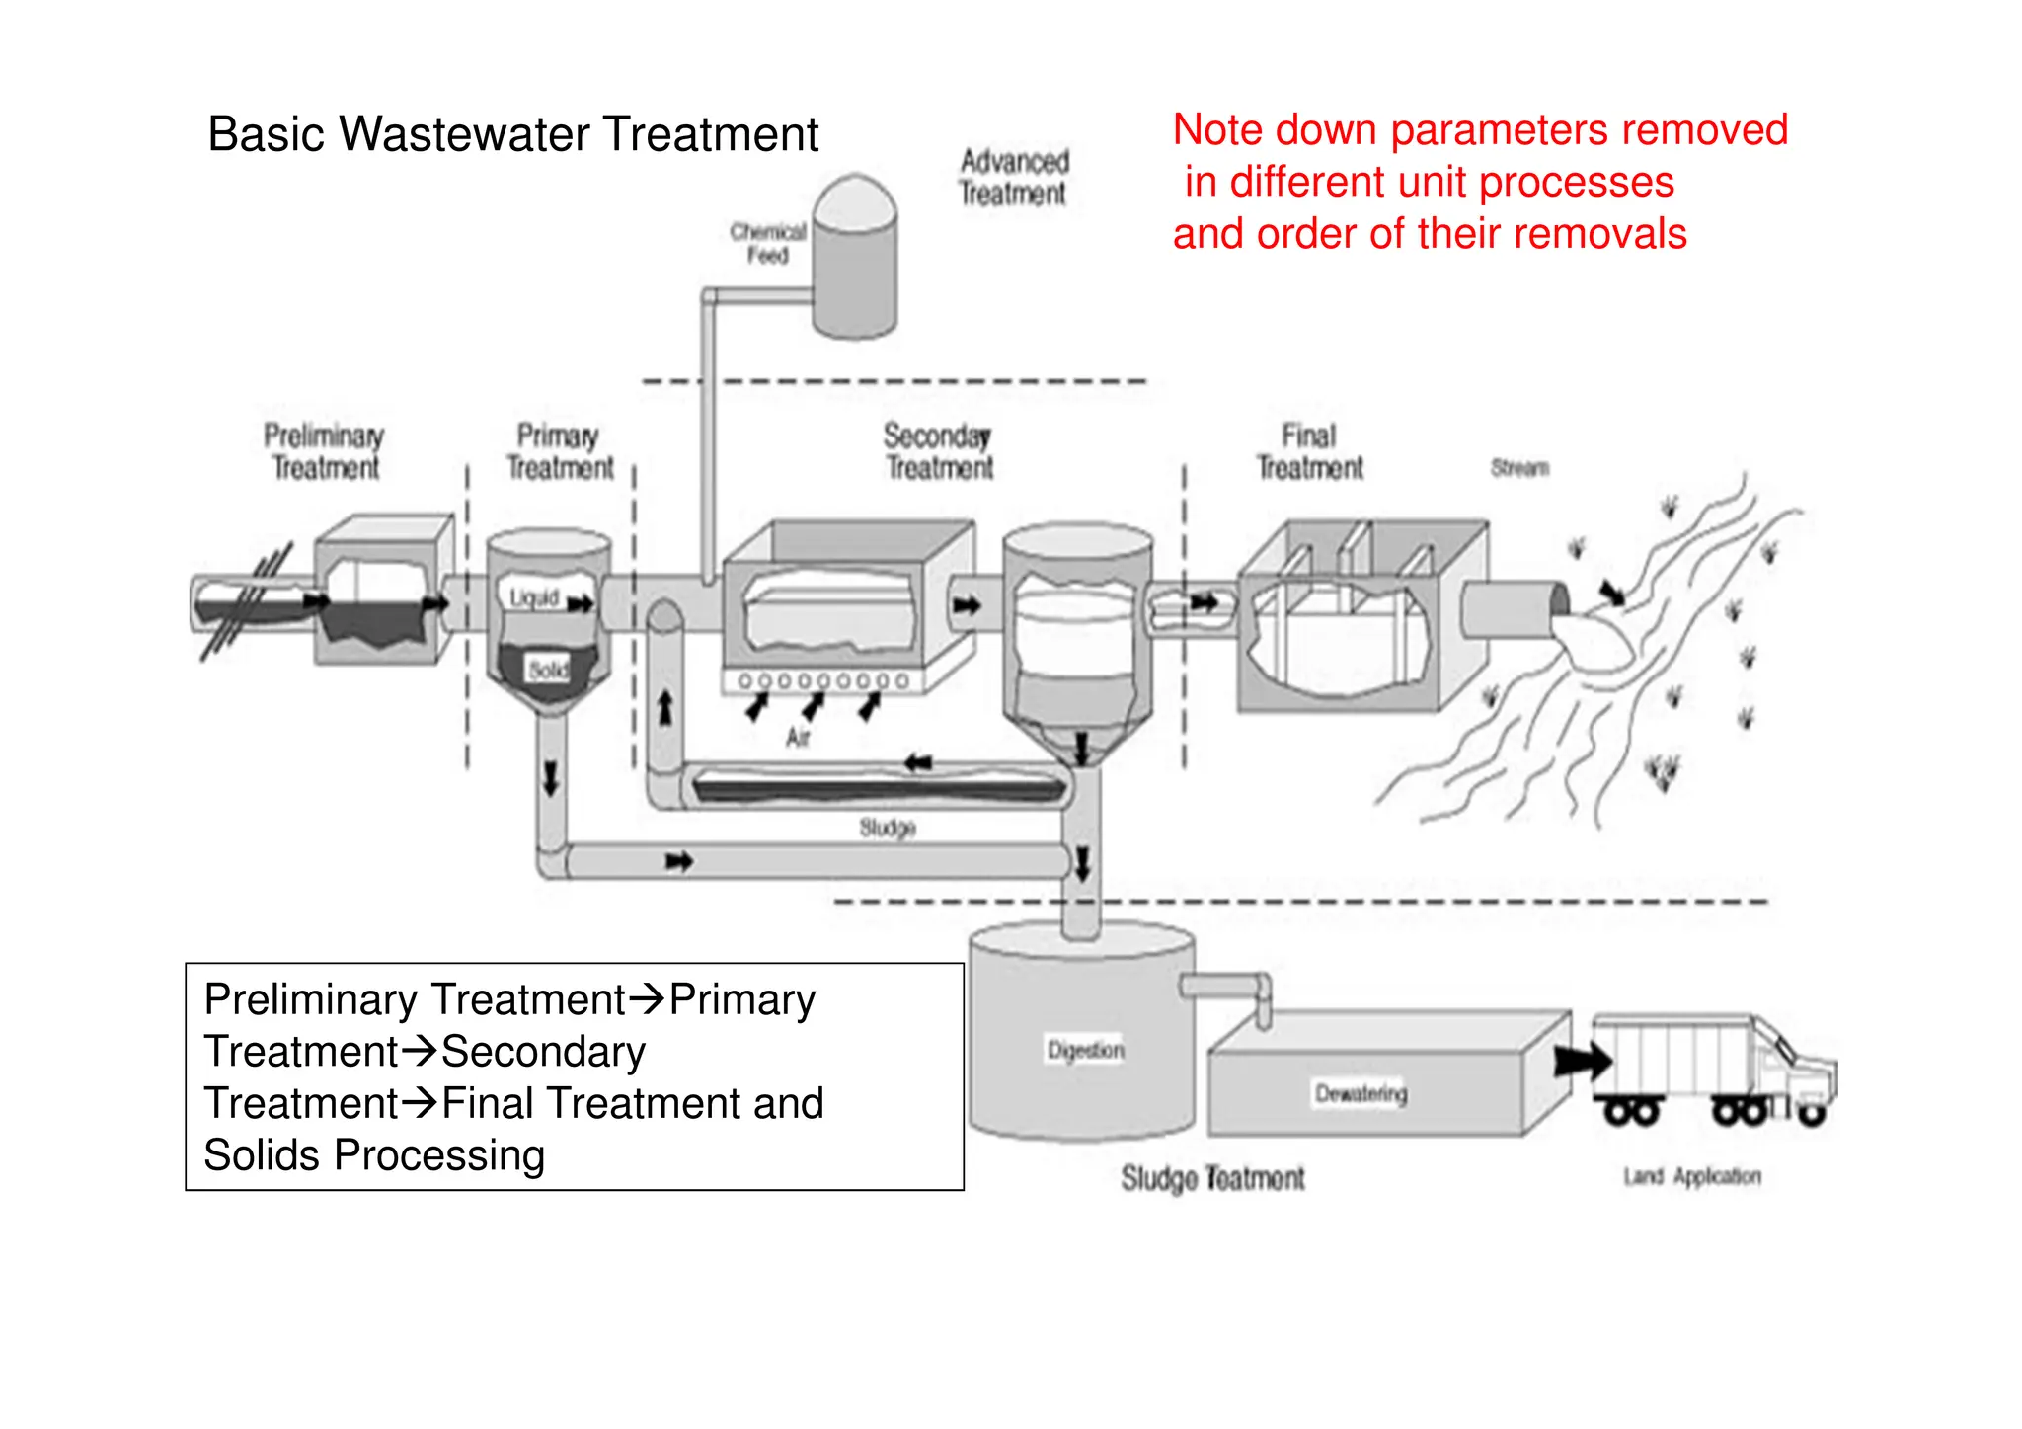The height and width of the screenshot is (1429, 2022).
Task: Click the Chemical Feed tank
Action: pyautogui.click(x=855, y=262)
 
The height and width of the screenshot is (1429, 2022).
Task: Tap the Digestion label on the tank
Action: pyautogui.click(x=1085, y=1050)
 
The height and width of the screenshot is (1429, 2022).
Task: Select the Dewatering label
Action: pyautogui.click(x=1361, y=1093)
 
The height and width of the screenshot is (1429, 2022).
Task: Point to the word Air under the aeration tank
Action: pyautogui.click(x=798, y=737)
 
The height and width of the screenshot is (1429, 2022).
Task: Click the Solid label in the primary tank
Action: pyautogui.click(x=548, y=671)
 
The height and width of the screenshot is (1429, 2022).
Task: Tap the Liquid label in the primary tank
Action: pyautogui.click(x=534, y=597)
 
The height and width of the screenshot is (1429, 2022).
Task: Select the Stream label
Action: pyautogui.click(x=1519, y=467)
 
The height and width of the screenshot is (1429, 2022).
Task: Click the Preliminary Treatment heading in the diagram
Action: pyautogui.click(x=324, y=451)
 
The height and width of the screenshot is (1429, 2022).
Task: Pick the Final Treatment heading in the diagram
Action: pyautogui.click(x=1309, y=451)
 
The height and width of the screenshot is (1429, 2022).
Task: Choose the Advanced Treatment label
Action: pyautogui.click(x=1014, y=178)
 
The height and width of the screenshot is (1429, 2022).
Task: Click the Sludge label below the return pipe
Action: pyautogui.click(x=888, y=828)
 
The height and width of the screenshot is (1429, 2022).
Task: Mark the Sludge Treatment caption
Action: pyautogui.click(x=1212, y=1178)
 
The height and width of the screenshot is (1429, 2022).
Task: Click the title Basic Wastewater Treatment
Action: pyautogui.click(x=512, y=134)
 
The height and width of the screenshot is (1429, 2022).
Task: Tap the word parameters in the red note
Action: pyautogui.click(x=1499, y=130)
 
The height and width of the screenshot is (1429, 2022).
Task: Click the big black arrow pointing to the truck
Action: pyautogui.click(x=1582, y=1062)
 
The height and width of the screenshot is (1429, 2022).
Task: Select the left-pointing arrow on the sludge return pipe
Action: pyautogui.click(x=918, y=762)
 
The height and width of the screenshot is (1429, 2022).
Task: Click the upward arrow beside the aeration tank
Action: pyautogui.click(x=665, y=707)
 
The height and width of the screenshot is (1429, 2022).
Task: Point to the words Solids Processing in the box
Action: pyautogui.click(x=374, y=1155)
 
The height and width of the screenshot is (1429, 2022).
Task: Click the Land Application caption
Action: pyautogui.click(x=1691, y=1176)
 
